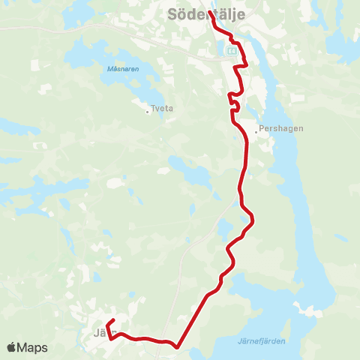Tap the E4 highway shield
tap(232, 50)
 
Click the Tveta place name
tap(162, 108)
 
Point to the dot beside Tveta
tap(148, 112)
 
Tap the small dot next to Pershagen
tap(256, 131)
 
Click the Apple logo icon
tap(12, 347)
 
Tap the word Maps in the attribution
tap(34, 347)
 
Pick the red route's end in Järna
tap(110, 322)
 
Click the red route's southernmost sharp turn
tap(177, 346)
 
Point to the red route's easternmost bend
tap(254, 218)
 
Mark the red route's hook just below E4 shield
tap(240, 69)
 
